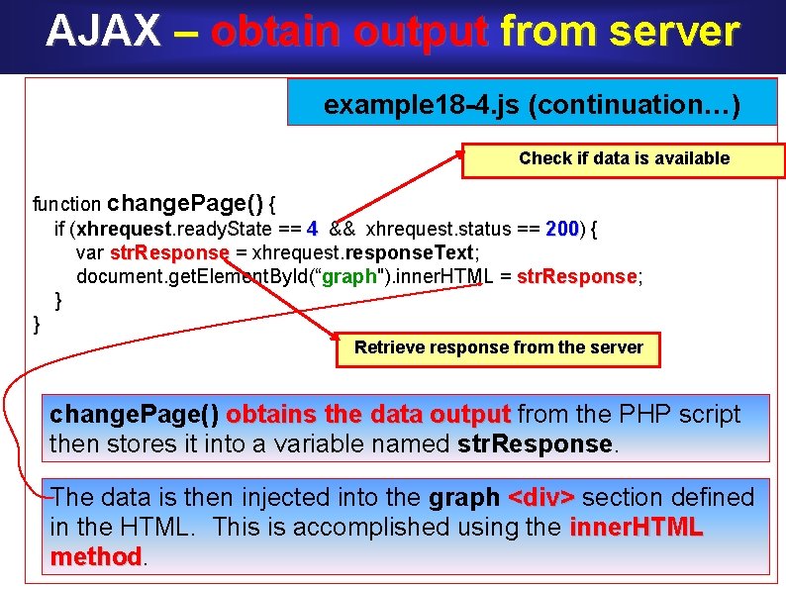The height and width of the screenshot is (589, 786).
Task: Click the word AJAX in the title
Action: point(103,32)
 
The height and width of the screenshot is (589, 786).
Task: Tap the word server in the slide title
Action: point(673,32)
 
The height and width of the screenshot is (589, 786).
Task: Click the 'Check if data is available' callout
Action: point(624,158)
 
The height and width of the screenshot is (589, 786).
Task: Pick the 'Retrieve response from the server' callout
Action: point(499,347)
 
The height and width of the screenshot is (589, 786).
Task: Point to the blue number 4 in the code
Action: point(312,230)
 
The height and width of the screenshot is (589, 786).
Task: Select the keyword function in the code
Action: point(67,205)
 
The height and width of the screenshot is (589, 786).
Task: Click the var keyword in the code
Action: point(90,252)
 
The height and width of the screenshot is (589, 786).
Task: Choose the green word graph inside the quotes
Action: point(349,276)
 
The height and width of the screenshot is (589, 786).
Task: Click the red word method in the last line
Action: point(96,557)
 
